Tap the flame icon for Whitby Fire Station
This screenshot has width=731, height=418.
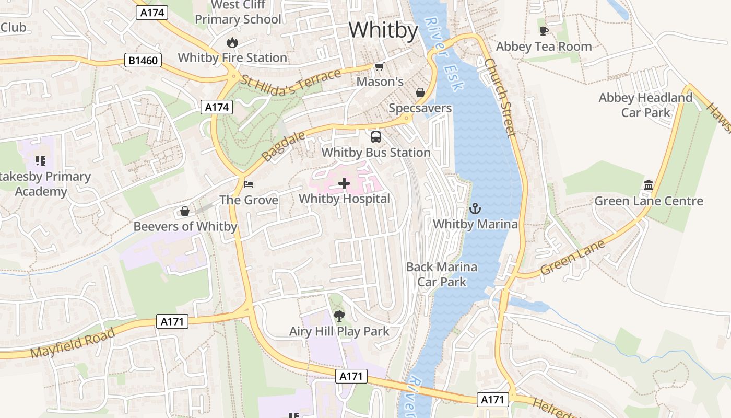tap(232, 42)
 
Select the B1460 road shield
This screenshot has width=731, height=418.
tap(143, 61)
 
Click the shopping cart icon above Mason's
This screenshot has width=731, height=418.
tap(380, 66)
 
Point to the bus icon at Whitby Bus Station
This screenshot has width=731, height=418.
tap(376, 137)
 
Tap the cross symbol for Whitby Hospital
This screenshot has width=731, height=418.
tap(344, 183)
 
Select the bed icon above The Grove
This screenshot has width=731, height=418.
tap(249, 184)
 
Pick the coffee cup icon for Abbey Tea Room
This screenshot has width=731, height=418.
tap(544, 31)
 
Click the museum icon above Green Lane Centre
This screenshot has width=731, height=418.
tap(649, 185)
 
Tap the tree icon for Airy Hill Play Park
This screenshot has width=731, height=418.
tap(339, 316)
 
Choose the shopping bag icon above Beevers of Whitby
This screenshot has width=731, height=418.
tap(184, 211)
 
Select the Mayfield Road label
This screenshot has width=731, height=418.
tap(73, 344)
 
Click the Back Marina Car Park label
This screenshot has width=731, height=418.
tap(442, 274)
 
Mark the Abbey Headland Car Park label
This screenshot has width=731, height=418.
tap(645, 105)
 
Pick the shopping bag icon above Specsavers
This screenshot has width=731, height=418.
tap(420, 92)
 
